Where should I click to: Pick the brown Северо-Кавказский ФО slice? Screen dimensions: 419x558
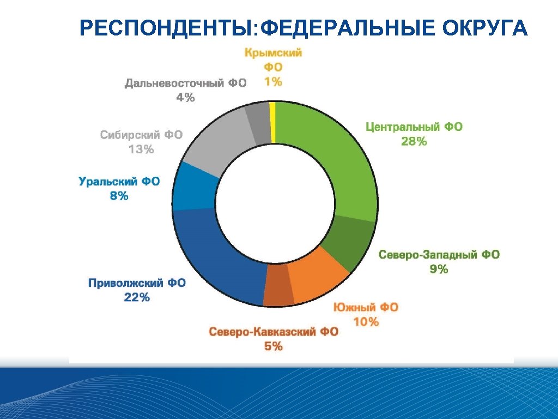[278, 292]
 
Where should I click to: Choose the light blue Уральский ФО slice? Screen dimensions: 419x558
[193, 188]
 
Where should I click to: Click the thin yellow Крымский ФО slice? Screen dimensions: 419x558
[273, 123]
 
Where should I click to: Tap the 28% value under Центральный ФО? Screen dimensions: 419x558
[414, 142]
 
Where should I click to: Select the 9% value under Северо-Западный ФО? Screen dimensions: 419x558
[439, 269]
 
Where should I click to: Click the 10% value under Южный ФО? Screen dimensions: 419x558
[366, 322]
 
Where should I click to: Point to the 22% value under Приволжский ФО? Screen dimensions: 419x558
[136, 297]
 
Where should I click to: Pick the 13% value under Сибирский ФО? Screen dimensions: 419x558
[141, 149]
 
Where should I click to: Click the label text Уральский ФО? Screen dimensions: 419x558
[119, 181]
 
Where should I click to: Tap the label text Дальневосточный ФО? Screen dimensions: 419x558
[185, 83]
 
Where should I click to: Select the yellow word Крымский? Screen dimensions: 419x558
[273, 53]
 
